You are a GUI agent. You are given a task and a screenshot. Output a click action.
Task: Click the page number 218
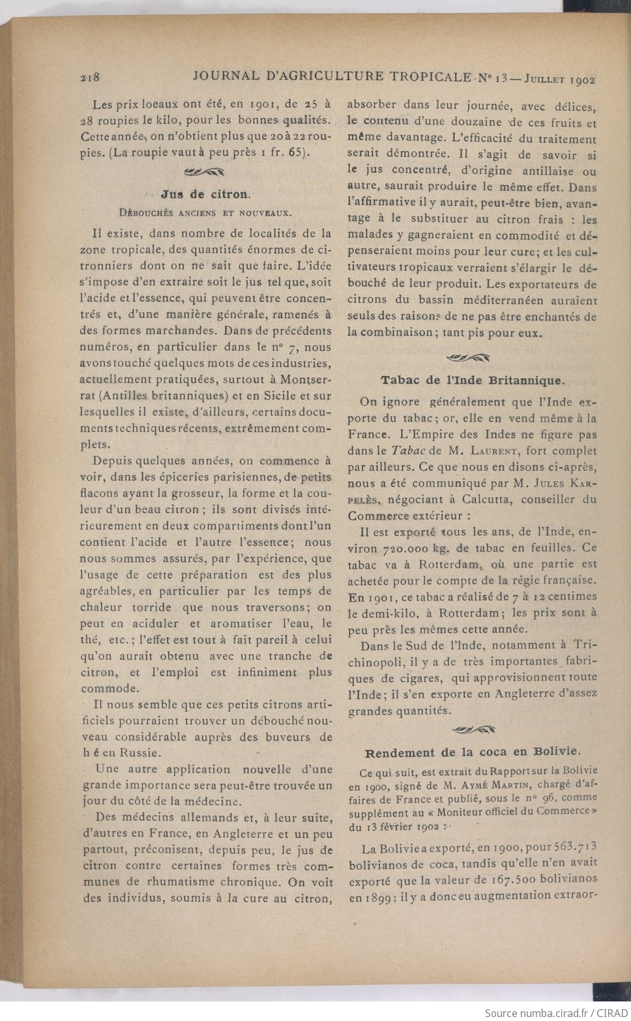[x=89, y=77]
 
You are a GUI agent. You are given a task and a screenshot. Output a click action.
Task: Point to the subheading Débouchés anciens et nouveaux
[x=205, y=213]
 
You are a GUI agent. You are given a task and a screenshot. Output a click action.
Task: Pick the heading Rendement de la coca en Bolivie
[x=473, y=752]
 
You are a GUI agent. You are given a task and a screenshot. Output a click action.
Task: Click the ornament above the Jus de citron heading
[x=205, y=172]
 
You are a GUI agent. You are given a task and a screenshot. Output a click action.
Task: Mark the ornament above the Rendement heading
[x=473, y=730]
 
